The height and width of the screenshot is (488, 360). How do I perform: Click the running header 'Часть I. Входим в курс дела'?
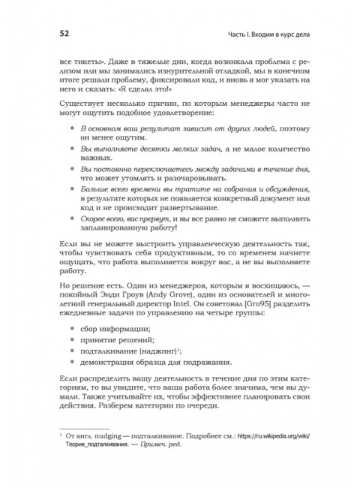pyautogui.click(x=271, y=35)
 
